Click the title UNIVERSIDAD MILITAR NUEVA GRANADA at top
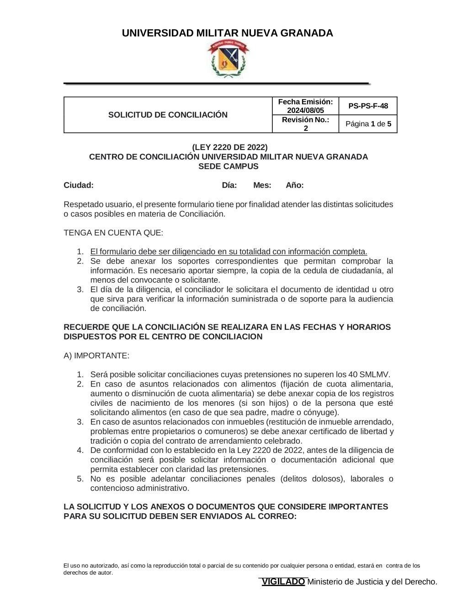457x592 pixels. click(227, 33)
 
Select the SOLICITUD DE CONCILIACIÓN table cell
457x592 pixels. click(168, 115)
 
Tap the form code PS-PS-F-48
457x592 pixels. click(368, 106)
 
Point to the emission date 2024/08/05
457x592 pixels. click(305, 110)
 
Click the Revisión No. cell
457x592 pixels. click(305, 124)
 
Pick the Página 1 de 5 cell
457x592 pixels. click(368, 124)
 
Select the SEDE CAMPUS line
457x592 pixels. click(228, 167)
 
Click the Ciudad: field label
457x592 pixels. click(79, 185)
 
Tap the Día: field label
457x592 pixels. click(229, 185)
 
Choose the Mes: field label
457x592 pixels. click(262, 185)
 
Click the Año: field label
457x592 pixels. click(295, 185)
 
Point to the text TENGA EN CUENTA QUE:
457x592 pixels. click(113, 232)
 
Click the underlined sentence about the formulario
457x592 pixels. click(228, 252)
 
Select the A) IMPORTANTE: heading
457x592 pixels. click(96, 355)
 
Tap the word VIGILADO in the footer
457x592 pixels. click(283, 581)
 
